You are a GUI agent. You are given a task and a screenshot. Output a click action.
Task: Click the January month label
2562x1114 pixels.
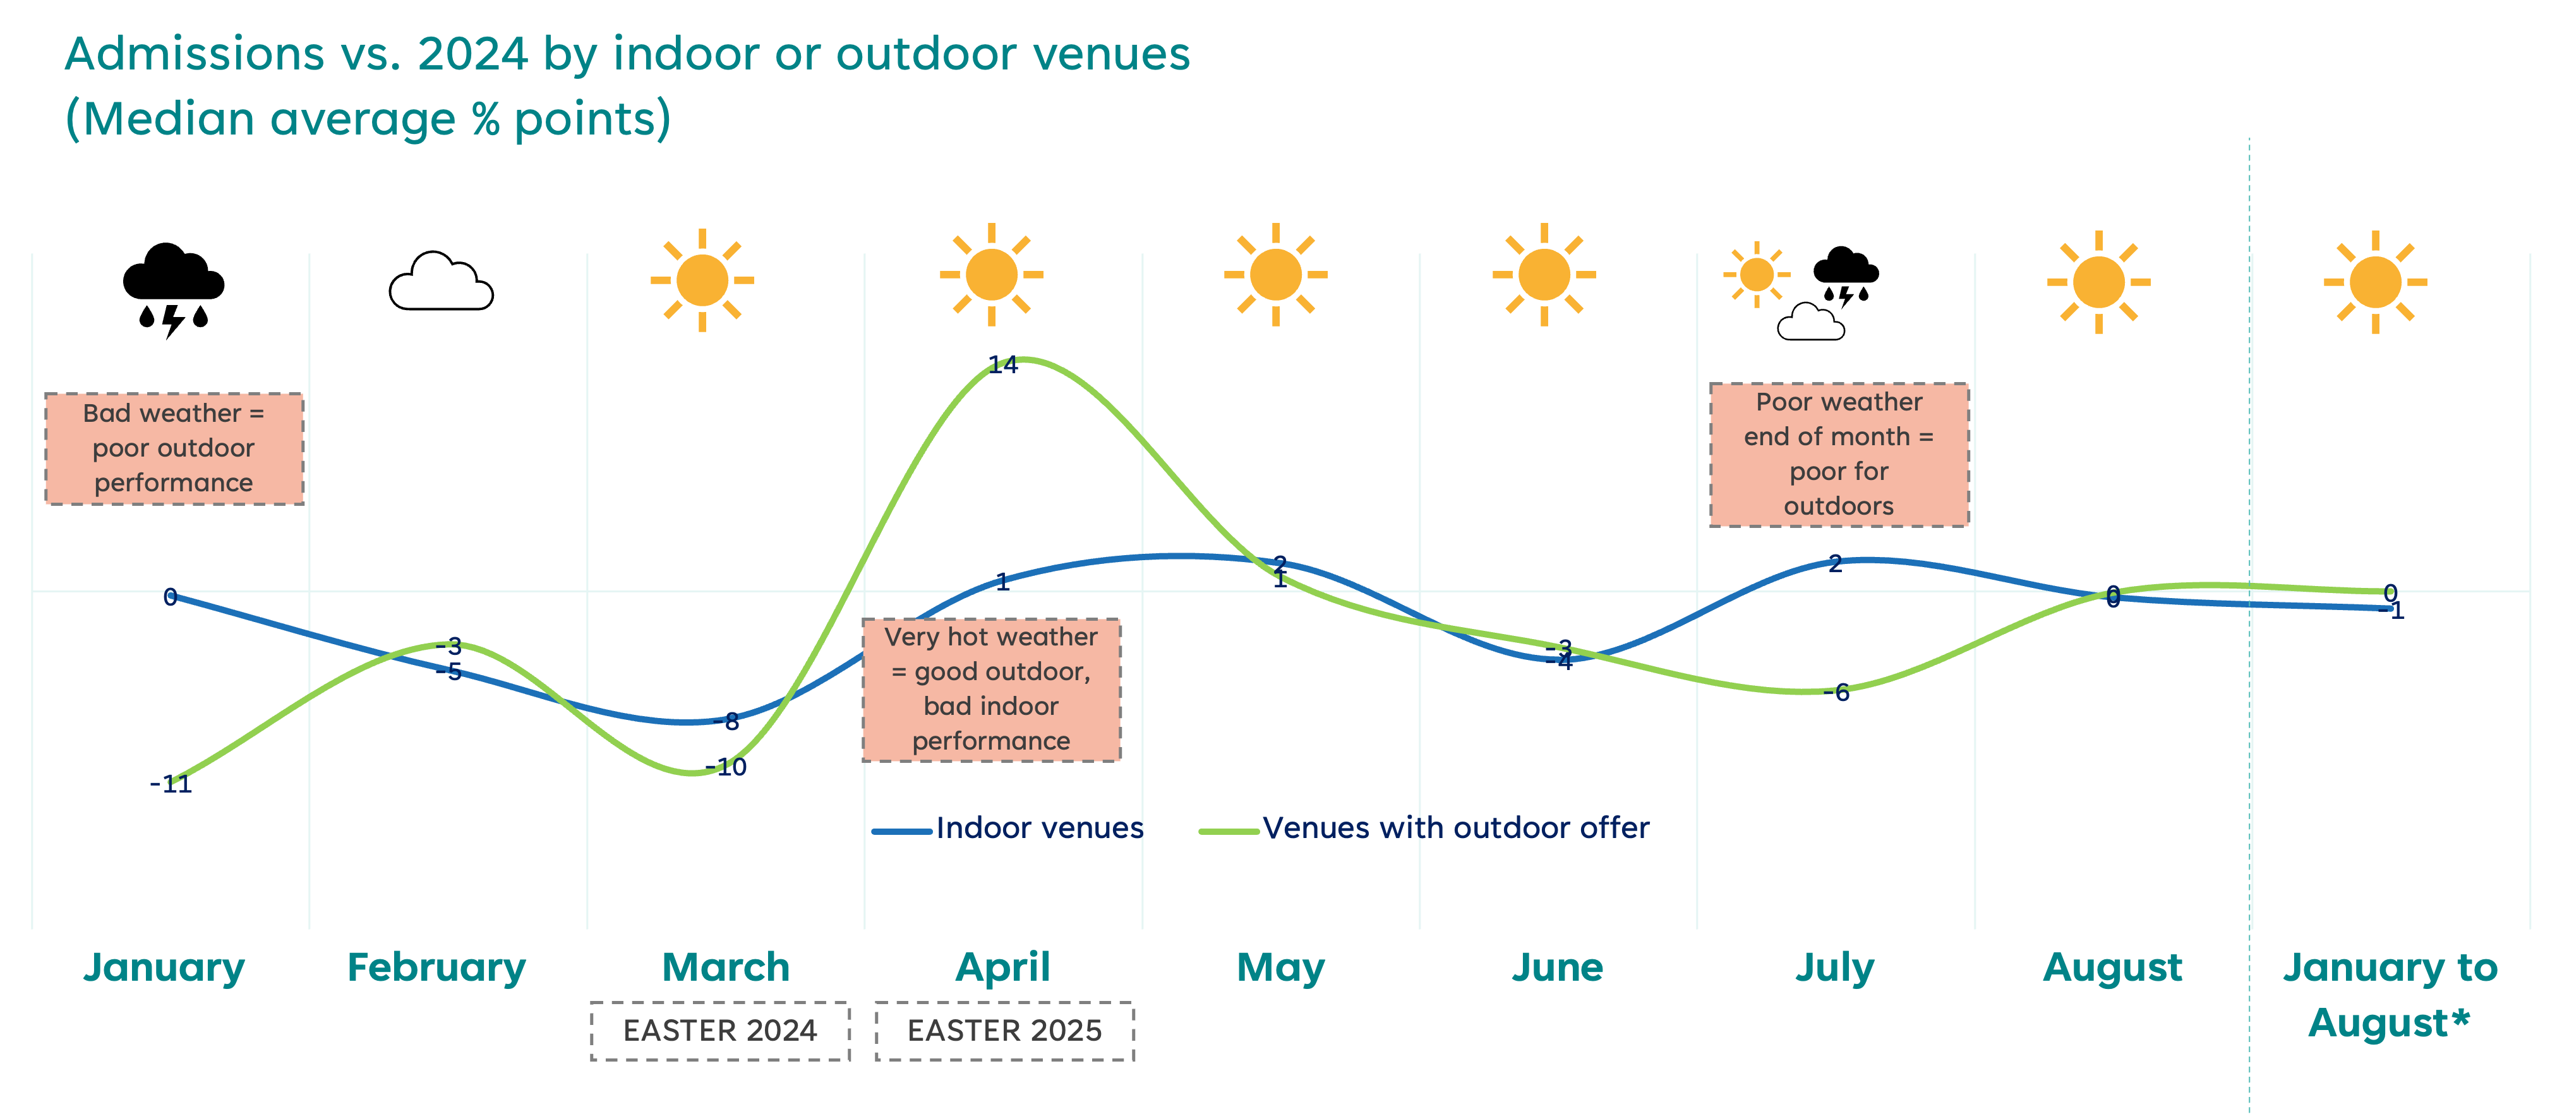(164, 967)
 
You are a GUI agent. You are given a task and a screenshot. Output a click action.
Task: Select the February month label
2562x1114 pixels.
(436, 967)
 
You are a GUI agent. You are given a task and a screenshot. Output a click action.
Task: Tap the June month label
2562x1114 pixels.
(1558, 967)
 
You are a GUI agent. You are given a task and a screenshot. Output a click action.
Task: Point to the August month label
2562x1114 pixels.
(2112, 967)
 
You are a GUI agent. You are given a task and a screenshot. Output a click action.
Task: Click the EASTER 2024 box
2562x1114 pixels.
(720, 1031)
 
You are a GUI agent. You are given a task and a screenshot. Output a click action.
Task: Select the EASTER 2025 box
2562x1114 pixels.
(1004, 1031)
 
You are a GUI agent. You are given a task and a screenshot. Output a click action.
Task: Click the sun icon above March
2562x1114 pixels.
(702, 280)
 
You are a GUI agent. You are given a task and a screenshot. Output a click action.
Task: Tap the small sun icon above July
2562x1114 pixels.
(1757, 275)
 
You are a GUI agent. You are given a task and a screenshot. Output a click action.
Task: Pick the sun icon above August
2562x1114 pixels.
(2098, 282)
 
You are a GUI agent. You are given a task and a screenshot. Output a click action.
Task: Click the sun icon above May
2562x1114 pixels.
(1276, 275)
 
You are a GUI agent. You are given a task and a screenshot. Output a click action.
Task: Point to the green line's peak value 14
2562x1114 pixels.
(1004, 365)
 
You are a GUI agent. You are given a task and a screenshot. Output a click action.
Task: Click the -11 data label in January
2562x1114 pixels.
(172, 784)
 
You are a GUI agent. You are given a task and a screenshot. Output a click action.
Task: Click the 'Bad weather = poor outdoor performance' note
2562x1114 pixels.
(174, 448)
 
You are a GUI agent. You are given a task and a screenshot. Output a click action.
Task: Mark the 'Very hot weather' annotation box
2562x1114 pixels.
(992, 689)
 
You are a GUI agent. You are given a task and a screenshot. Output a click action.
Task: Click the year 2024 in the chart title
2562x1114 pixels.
(472, 54)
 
